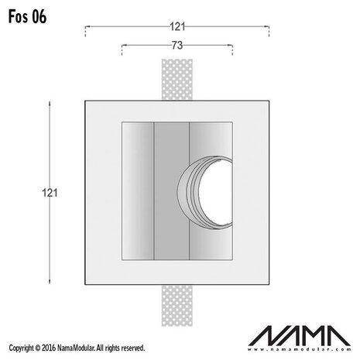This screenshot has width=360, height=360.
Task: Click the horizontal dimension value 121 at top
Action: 177,26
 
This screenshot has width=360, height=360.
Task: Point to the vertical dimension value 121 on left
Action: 50,190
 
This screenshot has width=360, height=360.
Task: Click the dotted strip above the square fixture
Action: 177,77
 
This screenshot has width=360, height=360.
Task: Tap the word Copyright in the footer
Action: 19,348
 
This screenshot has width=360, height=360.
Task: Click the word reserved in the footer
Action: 129,348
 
